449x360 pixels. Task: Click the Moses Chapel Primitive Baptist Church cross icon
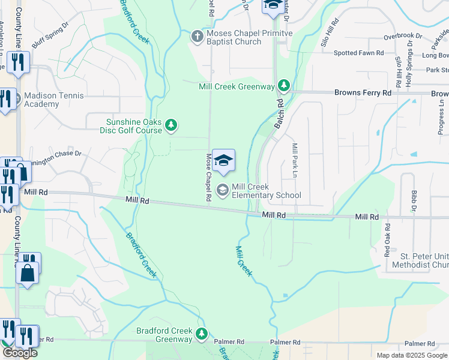[x=196, y=37]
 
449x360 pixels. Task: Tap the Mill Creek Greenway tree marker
[x=284, y=86]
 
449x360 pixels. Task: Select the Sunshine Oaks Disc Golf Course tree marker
[x=172, y=125]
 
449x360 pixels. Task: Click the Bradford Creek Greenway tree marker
[x=202, y=334]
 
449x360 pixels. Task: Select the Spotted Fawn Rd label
[x=358, y=53]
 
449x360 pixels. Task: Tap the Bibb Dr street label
[x=414, y=202]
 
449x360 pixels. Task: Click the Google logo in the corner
[x=20, y=352]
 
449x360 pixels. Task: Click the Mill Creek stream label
[x=245, y=260]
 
